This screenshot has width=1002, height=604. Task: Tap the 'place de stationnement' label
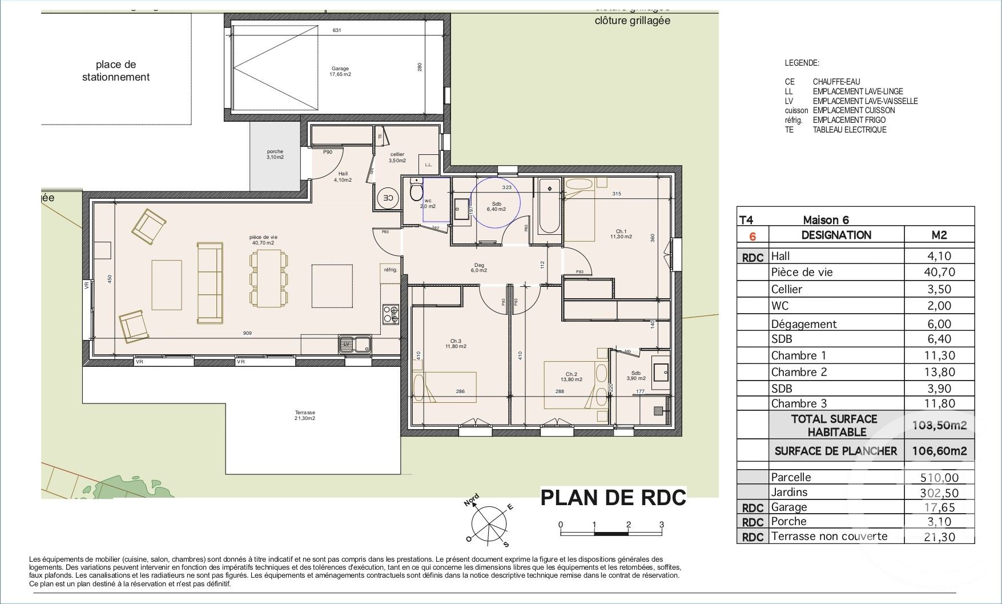[x=116, y=71]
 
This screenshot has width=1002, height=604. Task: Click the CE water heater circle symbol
[x=388, y=198]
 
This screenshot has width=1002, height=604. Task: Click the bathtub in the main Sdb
[x=549, y=206]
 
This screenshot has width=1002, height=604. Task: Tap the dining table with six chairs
[x=268, y=278]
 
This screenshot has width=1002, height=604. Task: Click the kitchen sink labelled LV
[x=355, y=344]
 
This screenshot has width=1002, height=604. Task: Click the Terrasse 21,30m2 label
[x=305, y=415]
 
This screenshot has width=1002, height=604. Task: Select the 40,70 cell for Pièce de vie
[x=939, y=273]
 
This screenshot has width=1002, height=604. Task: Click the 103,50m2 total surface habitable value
[x=939, y=425]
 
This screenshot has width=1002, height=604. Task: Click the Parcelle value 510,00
[x=939, y=477]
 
